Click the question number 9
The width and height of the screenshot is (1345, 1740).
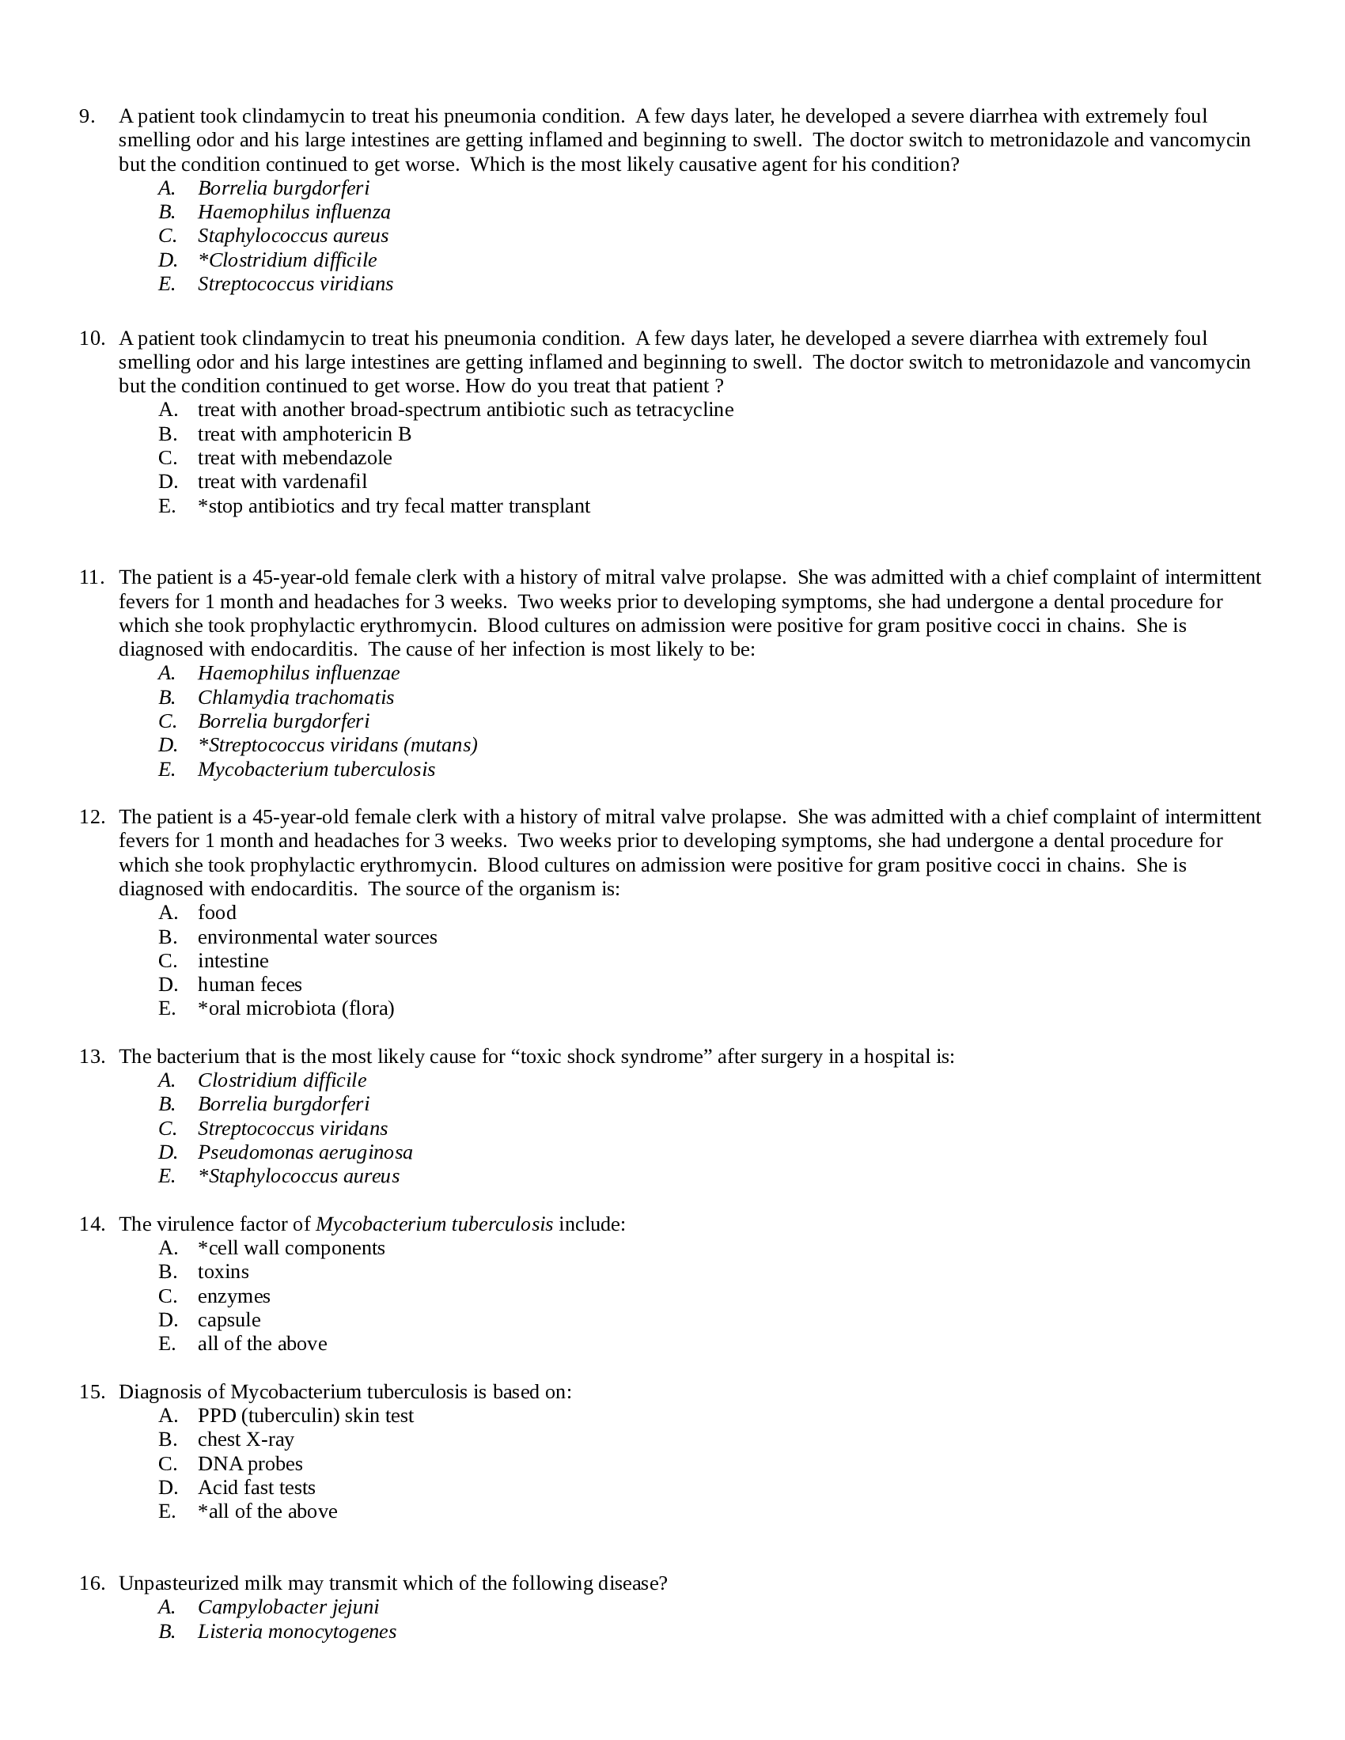point(87,116)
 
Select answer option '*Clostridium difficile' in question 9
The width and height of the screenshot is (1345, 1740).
point(287,259)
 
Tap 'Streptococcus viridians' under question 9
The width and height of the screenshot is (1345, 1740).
point(295,284)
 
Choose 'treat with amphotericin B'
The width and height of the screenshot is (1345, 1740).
point(305,433)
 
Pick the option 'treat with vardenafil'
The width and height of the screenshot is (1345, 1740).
point(282,481)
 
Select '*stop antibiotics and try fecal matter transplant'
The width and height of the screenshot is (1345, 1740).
point(394,506)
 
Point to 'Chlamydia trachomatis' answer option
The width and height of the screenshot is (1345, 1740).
point(296,697)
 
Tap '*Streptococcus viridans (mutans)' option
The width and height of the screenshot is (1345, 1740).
point(337,745)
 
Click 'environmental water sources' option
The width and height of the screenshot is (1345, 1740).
point(317,936)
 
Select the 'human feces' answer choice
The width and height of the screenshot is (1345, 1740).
point(249,984)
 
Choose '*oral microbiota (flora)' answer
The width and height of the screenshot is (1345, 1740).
point(296,1008)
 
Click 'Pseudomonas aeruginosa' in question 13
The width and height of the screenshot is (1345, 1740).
point(305,1152)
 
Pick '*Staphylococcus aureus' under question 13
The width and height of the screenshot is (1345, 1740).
point(298,1176)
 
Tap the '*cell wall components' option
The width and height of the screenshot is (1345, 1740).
point(291,1247)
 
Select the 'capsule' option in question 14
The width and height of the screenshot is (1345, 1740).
point(229,1319)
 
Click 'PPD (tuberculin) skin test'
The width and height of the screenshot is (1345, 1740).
point(305,1415)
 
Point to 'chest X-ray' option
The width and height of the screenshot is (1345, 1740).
point(245,1439)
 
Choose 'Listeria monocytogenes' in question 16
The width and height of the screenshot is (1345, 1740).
point(297,1631)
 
